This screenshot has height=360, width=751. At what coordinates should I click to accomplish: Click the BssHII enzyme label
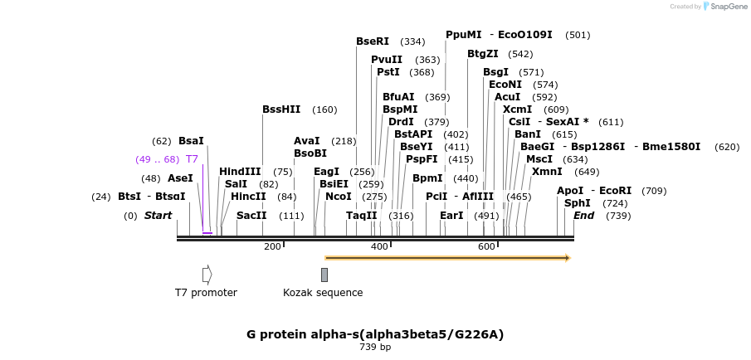(281, 109)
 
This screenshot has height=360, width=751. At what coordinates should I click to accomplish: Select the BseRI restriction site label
(373, 41)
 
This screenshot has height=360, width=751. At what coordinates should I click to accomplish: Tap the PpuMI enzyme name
(463, 35)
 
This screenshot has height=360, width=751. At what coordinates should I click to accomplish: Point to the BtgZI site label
(483, 54)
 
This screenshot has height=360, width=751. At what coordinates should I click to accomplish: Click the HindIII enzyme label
(240, 172)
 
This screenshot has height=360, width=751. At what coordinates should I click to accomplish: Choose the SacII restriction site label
(251, 216)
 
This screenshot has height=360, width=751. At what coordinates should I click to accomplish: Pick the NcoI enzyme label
(339, 197)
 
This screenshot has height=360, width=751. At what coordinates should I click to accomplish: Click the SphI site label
(578, 203)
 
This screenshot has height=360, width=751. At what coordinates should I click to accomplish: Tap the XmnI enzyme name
(547, 172)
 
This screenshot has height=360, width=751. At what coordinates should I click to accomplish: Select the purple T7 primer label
(192, 159)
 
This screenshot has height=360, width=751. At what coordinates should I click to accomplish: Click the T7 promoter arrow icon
(207, 275)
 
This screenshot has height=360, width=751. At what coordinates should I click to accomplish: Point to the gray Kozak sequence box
(324, 275)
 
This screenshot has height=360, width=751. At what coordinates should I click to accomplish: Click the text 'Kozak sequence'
(323, 293)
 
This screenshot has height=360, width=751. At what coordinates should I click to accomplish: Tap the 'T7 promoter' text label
(206, 293)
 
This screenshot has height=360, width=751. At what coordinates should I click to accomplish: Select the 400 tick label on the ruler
(379, 247)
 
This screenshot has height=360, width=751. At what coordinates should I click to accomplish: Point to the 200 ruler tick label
(272, 247)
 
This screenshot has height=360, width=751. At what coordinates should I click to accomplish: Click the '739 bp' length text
(375, 347)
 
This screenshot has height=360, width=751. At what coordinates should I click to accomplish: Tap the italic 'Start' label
(158, 216)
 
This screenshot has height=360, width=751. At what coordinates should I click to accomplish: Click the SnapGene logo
(721, 7)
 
